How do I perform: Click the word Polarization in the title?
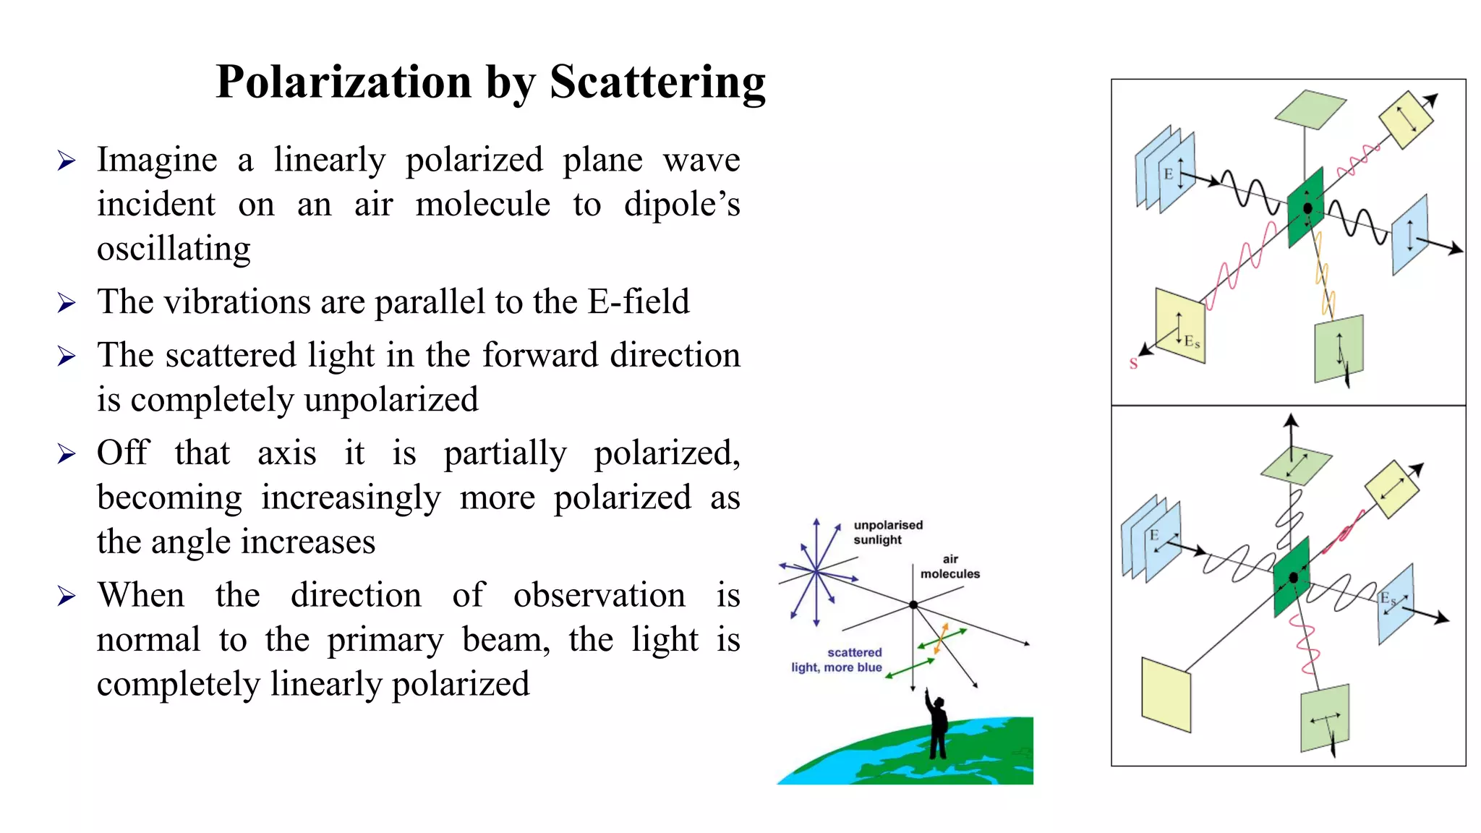point(343,82)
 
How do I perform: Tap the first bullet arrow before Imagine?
point(67,161)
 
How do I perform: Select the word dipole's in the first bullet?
point(682,204)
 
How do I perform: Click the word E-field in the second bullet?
point(638,302)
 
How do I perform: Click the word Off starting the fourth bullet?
point(123,453)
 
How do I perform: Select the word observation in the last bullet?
point(599,596)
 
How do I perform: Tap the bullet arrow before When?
point(67,597)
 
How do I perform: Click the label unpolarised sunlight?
point(887,532)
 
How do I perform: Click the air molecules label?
point(949,566)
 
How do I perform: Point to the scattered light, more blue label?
point(837,659)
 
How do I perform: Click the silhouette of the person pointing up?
point(937,727)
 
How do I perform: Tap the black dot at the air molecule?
point(913,605)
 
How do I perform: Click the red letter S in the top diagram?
point(1133,364)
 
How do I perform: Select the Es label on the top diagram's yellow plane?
point(1192,341)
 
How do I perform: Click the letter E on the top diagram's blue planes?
point(1168,174)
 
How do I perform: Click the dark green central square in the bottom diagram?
point(1292,577)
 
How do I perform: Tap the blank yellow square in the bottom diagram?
point(1166,694)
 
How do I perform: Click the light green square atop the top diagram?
point(1310,109)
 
